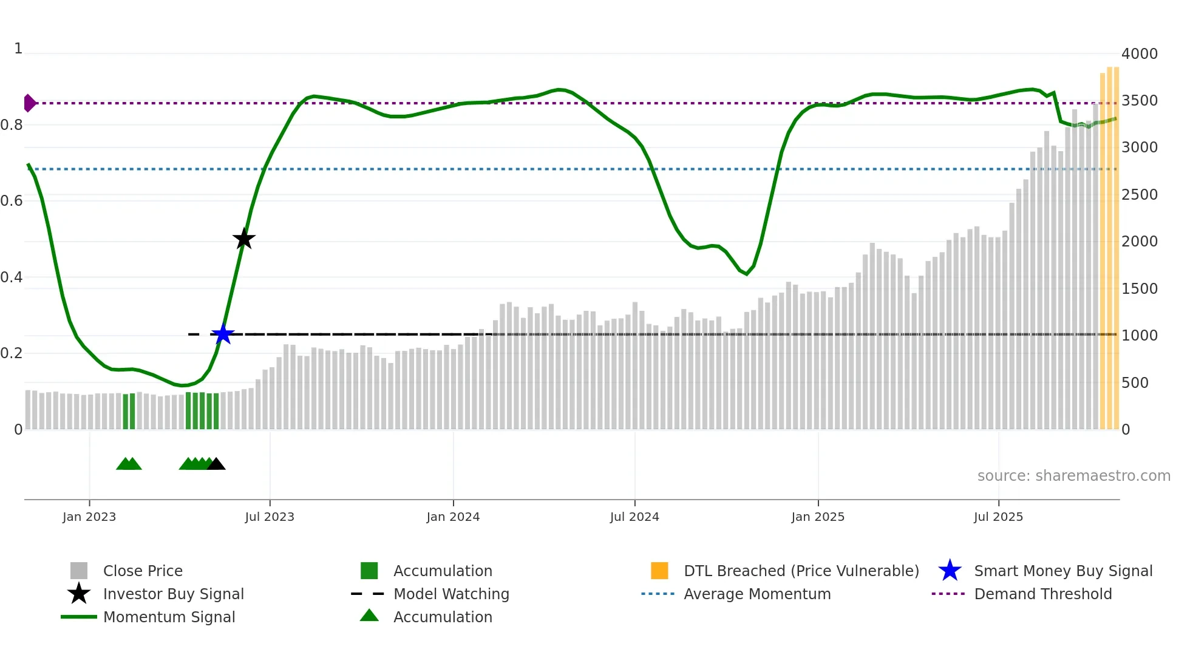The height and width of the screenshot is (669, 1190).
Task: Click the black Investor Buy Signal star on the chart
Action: [244, 239]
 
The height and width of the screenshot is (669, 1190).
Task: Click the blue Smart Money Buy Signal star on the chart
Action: [223, 334]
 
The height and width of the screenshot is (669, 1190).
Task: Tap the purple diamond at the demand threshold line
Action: [29, 103]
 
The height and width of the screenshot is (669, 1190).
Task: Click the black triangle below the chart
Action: [216, 464]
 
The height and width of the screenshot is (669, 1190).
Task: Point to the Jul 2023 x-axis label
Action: [270, 517]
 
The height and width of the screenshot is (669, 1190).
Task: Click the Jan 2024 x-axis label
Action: [453, 517]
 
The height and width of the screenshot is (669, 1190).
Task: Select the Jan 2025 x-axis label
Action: [818, 517]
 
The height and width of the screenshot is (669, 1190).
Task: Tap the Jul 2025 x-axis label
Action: [998, 517]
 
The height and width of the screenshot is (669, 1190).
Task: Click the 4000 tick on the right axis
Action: [1139, 54]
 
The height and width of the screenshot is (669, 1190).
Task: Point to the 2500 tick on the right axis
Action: [1139, 195]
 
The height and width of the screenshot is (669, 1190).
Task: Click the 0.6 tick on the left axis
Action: [12, 201]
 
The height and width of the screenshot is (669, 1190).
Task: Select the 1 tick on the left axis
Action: [18, 49]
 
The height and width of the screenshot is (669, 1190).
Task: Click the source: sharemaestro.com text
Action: [1073, 476]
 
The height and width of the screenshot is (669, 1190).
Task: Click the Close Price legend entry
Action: [143, 571]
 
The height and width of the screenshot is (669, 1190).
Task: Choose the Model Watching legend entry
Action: [451, 594]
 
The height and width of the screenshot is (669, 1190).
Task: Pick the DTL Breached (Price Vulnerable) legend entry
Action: [801, 571]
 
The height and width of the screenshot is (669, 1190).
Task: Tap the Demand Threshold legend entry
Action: [1042, 594]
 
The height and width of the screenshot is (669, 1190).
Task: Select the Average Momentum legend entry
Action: [756, 594]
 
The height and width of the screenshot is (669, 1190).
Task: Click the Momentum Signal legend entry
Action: [169, 617]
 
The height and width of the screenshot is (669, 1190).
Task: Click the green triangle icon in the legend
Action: [369, 616]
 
